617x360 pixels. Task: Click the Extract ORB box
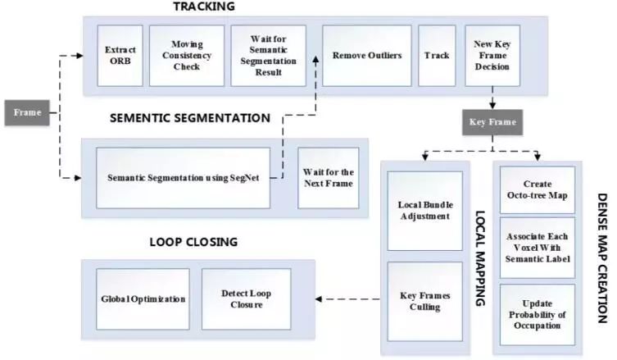pos(120,56)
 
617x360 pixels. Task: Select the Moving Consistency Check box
pos(187,56)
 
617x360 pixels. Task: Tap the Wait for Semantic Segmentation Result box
pos(268,56)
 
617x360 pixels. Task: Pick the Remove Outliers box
pos(367,56)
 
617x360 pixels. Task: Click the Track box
pos(437,56)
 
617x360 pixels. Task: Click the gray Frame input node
pos(28,112)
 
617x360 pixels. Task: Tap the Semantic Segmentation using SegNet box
pos(193,178)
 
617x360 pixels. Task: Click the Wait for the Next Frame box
pos(328,178)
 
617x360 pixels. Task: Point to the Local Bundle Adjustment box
pos(424,211)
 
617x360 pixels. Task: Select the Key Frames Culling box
pos(424,302)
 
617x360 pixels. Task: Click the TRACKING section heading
pos(203,7)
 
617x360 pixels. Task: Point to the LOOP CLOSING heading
pos(193,242)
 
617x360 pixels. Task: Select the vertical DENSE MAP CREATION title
pos(602,257)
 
